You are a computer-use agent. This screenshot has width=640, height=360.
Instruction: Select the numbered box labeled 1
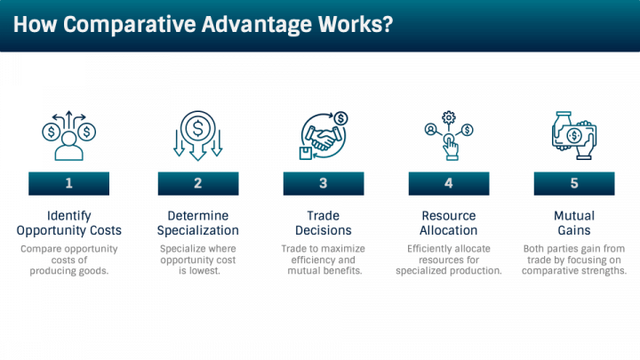click(69, 183)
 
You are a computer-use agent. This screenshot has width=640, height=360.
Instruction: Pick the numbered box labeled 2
click(198, 183)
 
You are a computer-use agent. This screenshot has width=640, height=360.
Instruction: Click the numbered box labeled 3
click(324, 183)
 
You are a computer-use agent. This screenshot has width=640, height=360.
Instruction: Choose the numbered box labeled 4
click(449, 183)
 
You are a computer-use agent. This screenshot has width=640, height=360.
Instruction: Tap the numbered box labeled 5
click(574, 183)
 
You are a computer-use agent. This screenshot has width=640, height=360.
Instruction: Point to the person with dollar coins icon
click(69, 135)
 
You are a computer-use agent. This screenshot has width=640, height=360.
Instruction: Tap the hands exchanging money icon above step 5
click(574, 135)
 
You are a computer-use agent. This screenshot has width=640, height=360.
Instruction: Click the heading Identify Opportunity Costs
click(69, 223)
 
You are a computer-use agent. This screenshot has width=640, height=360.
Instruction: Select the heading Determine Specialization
click(198, 223)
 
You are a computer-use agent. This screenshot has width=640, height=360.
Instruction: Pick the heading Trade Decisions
click(324, 223)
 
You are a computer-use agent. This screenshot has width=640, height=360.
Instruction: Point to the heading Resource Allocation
click(449, 223)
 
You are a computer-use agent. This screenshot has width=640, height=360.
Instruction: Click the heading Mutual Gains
click(574, 223)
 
